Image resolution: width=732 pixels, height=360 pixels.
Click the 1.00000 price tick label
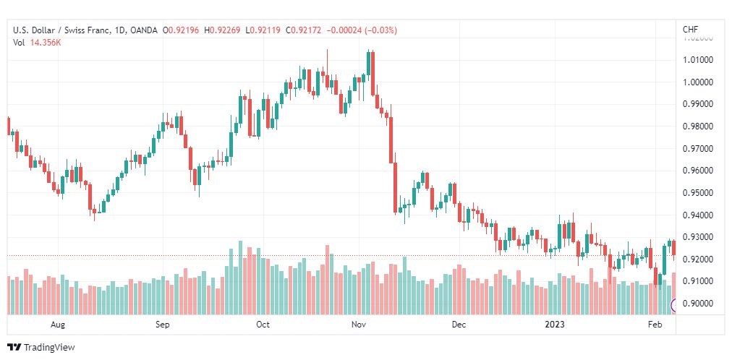click(x=697, y=82)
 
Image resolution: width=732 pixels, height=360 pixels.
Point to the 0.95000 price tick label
click(x=697, y=193)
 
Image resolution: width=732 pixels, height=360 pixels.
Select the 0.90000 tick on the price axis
click(x=697, y=304)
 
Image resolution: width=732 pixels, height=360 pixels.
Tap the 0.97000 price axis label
click(x=697, y=149)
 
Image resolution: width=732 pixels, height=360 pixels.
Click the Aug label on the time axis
click(x=58, y=325)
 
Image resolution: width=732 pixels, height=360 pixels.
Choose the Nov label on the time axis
click(x=359, y=325)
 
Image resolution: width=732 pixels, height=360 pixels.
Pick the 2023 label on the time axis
click(x=555, y=325)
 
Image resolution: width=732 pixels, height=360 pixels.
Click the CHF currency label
click(x=691, y=30)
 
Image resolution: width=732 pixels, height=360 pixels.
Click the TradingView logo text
click(x=49, y=348)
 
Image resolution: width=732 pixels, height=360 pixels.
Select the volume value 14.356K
click(x=46, y=43)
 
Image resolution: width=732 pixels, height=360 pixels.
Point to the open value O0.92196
click(x=181, y=30)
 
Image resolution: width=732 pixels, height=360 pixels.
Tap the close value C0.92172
click(x=304, y=30)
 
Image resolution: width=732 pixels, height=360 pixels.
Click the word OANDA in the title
click(x=144, y=30)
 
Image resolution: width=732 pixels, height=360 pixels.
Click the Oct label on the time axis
click(x=263, y=325)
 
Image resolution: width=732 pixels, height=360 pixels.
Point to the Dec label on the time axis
click(x=459, y=325)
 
